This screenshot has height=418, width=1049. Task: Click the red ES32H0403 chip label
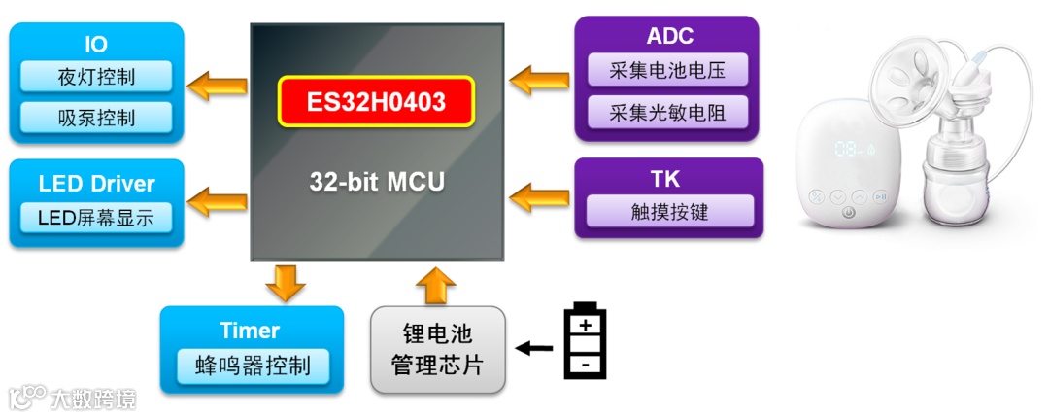(377, 100)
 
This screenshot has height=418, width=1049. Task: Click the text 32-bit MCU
(377, 181)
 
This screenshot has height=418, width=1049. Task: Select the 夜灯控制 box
(95, 77)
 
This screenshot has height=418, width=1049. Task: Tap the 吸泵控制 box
(95, 118)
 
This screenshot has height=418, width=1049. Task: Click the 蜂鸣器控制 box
(253, 366)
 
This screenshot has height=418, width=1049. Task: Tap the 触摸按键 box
(666, 211)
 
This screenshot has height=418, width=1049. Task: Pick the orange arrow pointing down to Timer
(285, 282)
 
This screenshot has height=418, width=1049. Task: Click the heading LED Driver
(96, 184)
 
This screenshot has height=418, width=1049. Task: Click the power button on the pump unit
(849, 213)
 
